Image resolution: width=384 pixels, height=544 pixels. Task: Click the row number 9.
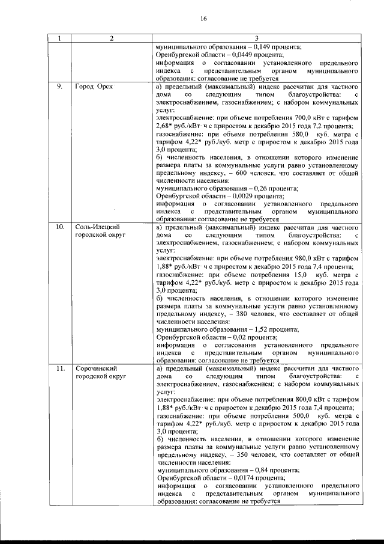tap(59, 87)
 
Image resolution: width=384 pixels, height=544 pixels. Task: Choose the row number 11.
tap(60, 368)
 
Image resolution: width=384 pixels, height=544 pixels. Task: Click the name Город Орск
tap(94, 87)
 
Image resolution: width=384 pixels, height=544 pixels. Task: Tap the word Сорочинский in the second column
tap(95, 368)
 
